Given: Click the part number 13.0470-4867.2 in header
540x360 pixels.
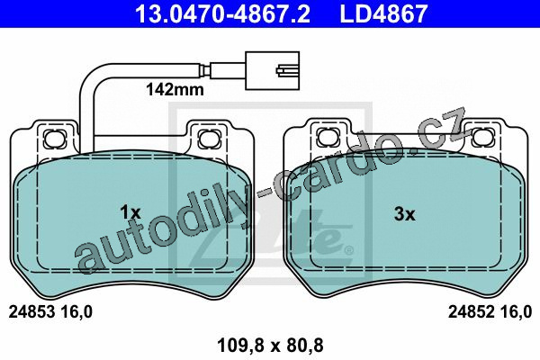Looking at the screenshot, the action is point(222,13).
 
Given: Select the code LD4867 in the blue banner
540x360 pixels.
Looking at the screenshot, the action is point(383,13).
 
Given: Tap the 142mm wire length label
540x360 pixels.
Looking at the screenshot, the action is point(175,90).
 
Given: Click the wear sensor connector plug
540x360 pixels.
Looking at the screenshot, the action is point(272,70).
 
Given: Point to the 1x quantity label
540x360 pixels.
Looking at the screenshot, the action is point(130,212).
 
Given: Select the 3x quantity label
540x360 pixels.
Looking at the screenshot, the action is point(405,214).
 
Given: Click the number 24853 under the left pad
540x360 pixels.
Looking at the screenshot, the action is point(31,312).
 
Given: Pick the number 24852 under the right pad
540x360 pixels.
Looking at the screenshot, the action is point(471,312).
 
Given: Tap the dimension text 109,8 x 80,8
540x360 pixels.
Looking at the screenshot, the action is point(270,346).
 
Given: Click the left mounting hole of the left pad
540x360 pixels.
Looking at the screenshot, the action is point(55,138).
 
